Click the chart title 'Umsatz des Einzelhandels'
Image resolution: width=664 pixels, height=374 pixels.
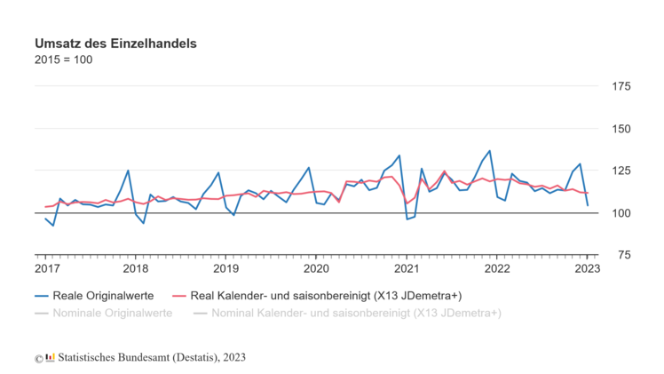(115, 43)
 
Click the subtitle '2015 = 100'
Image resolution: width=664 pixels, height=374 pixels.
(63, 60)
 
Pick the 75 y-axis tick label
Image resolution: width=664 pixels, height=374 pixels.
(621, 255)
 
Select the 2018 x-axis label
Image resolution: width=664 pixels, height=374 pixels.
(136, 268)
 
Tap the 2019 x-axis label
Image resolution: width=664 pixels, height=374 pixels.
(225, 268)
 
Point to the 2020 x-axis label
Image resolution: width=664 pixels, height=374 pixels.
(316, 268)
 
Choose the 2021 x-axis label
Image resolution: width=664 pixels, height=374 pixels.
(407, 268)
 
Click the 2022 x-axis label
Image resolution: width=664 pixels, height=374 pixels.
(497, 268)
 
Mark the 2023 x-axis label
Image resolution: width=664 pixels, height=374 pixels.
(587, 268)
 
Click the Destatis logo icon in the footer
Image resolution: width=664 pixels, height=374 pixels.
(51, 357)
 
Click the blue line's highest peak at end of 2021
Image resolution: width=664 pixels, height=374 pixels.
(489, 151)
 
